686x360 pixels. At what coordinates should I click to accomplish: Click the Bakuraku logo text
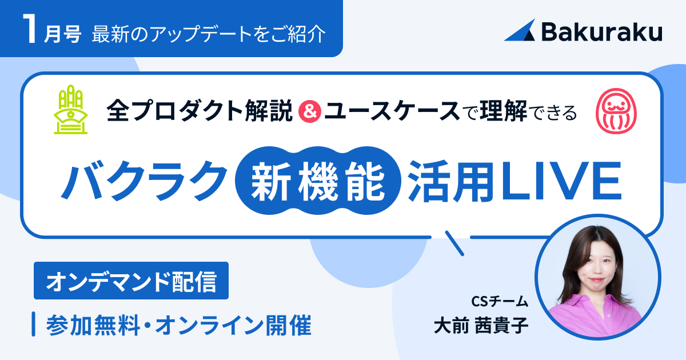point(602,32)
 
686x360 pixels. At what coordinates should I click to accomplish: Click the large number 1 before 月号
point(30,29)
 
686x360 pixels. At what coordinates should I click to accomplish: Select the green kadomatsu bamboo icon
point(70,110)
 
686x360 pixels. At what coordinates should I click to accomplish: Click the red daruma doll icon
point(616,111)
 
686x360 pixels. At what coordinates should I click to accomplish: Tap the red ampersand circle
point(310,111)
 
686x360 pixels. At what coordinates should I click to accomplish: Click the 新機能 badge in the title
point(318,181)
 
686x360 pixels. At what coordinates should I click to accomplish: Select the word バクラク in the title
point(144,181)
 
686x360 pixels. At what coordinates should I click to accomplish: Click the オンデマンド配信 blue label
point(131,281)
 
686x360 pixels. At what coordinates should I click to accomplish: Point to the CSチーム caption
point(500,301)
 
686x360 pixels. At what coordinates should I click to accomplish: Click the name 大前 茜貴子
point(481,325)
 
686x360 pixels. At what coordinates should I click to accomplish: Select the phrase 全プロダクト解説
point(200,111)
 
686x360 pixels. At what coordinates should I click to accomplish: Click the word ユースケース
point(392,111)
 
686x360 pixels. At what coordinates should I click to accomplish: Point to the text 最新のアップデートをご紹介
point(209,34)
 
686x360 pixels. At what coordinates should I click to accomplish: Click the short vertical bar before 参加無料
point(33,324)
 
